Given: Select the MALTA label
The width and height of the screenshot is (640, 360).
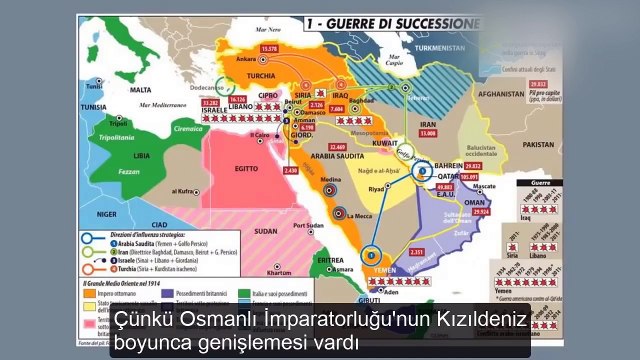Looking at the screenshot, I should (x=139, y=88).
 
